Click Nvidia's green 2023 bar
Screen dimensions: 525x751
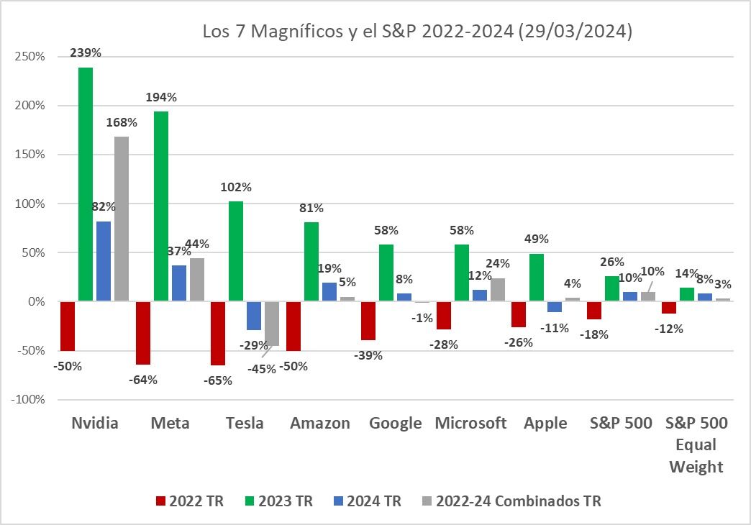(86, 184)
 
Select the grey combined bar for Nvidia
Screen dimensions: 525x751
(122, 219)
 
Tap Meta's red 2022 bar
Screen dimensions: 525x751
(143, 333)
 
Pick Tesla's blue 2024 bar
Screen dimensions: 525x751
(254, 316)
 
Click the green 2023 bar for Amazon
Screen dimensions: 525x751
(311, 262)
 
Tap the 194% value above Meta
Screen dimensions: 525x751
(161, 97)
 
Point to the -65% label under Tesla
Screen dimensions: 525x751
(217, 380)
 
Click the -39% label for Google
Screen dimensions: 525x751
(368, 355)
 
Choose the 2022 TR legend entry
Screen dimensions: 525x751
(189, 501)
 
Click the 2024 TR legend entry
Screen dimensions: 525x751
(367, 501)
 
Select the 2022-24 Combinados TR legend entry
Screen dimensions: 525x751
(510, 501)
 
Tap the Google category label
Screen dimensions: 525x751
(395, 423)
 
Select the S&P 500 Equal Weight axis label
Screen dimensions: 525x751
(696, 444)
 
